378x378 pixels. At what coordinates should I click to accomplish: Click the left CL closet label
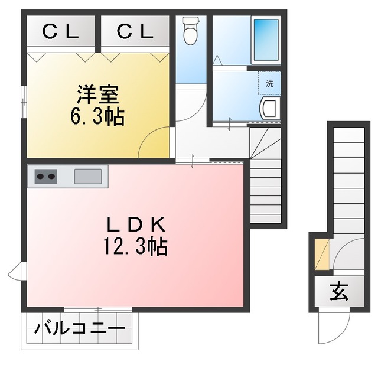point(61,33)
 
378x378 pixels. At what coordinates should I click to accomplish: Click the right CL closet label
point(135,33)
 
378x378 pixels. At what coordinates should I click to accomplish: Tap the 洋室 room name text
point(98,94)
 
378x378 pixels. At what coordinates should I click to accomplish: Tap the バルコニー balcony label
point(79,328)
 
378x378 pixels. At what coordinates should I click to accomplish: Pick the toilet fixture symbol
point(191,31)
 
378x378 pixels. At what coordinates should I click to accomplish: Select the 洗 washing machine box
point(269,83)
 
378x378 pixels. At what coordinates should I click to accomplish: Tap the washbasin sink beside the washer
point(269,109)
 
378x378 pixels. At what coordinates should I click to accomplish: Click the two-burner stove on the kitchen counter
point(45,176)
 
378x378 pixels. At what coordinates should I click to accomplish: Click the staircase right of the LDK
point(266,183)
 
